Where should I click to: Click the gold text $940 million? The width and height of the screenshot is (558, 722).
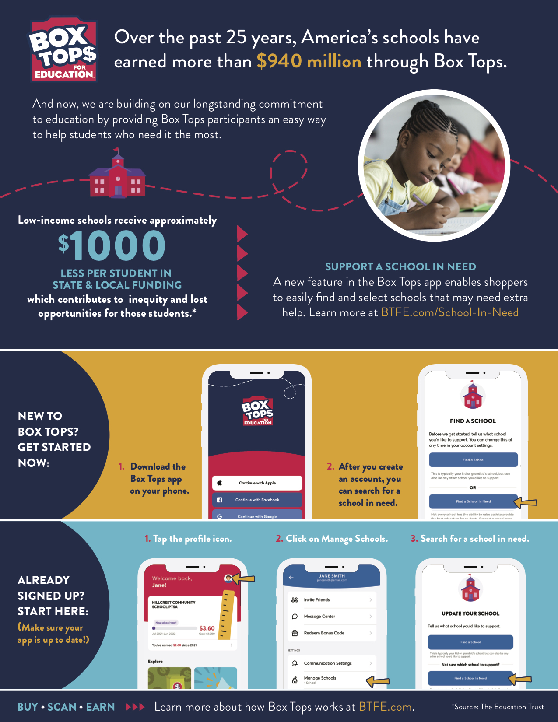(309, 62)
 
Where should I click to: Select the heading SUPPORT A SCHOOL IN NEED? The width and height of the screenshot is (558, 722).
(400, 267)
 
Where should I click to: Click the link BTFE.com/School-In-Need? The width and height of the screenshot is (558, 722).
(449, 313)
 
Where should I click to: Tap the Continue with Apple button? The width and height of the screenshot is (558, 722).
(257, 483)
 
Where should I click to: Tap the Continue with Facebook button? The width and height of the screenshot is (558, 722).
(257, 500)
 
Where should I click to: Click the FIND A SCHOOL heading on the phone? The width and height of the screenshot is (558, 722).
(473, 421)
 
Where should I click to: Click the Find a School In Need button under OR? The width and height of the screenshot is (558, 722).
(473, 501)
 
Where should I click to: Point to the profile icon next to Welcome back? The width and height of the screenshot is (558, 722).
(228, 578)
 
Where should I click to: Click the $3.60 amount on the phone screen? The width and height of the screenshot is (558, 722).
(207, 628)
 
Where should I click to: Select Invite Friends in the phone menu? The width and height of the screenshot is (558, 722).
(317, 600)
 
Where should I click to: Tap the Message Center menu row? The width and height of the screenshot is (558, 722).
(319, 617)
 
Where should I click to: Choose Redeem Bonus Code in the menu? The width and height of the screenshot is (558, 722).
(324, 633)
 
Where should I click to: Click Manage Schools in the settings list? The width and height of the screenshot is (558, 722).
(320, 678)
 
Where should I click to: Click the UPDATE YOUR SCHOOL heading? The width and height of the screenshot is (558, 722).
(470, 614)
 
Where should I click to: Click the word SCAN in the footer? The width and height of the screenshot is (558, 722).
(62, 707)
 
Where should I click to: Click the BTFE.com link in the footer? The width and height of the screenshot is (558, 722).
(385, 707)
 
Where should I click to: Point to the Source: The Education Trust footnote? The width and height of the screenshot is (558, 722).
(498, 707)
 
